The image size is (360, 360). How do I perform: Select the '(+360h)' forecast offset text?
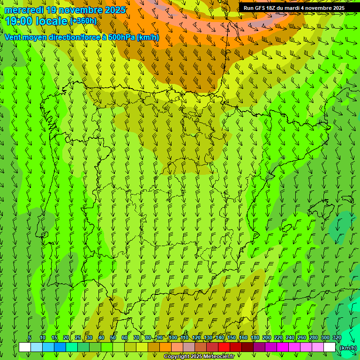(83, 21)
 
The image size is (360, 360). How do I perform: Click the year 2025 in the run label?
(336, 8)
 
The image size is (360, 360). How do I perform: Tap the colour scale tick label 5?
(30, 337)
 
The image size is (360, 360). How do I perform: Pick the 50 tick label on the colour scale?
(113, 337)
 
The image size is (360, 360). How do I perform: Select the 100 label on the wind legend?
(172, 337)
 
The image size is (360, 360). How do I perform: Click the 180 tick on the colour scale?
(255, 337)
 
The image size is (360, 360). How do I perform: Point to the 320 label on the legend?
(337, 337)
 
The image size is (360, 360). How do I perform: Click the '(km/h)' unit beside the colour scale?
(347, 348)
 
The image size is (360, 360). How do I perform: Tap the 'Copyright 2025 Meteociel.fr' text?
(199, 357)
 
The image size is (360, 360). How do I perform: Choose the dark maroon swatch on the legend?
(247, 347)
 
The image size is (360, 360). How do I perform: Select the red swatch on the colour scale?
(224, 347)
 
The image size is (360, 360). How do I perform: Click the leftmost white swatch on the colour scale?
(25, 347)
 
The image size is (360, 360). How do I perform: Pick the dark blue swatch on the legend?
(60, 347)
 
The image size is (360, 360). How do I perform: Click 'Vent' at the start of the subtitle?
(13, 37)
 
